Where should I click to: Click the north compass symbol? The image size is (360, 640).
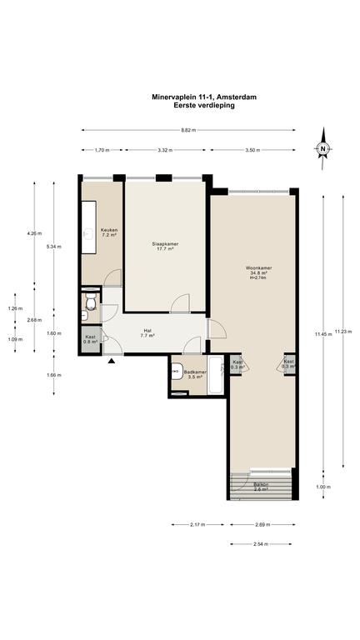click(322, 148)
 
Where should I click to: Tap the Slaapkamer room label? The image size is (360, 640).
click(165, 246)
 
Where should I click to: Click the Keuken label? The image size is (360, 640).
click(109, 232)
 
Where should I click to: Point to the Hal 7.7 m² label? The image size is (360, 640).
click(147, 333)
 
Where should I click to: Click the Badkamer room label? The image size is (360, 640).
click(194, 375)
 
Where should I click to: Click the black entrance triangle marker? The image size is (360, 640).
click(111, 360)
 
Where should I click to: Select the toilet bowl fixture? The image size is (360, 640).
click(91, 301)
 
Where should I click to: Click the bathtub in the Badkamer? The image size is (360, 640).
click(215, 376)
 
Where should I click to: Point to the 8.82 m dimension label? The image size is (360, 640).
click(188, 130)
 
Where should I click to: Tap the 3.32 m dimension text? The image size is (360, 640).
click(165, 150)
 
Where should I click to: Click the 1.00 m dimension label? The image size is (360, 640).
click(324, 487)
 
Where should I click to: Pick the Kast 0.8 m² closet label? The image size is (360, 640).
click(90, 339)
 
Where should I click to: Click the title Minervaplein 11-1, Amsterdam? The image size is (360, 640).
click(204, 97)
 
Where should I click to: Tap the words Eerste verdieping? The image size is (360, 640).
click(204, 105)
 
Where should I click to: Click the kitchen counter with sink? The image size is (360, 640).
click(88, 227)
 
